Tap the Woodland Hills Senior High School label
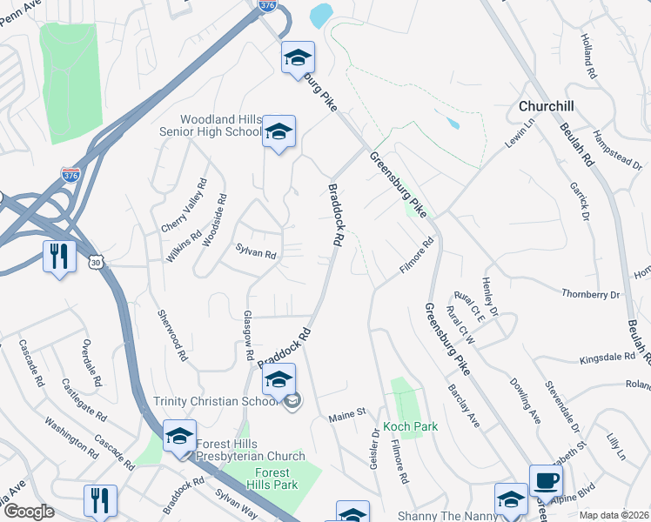[x=220, y=125]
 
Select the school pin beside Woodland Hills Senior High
[x=279, y=133]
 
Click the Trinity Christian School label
[x=214, y=401]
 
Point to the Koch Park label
[x=410, y=427]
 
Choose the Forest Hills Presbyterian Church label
[x=251, y=456]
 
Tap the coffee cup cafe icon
[x=546, y=481]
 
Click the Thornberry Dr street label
[x=590, y=295]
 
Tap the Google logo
[x=29, y=512]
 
